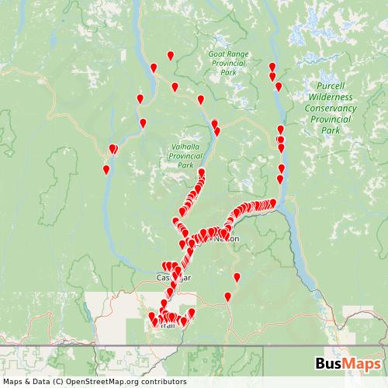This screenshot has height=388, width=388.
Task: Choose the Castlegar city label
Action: [171, 277]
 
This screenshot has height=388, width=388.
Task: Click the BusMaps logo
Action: [347, 364]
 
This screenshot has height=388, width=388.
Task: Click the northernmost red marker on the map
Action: [171, 54]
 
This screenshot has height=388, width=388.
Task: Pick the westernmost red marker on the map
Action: [106, 169]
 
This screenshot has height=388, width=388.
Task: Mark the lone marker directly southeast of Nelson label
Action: [237, 277]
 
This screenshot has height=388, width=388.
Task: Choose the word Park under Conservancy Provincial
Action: [331, 131]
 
